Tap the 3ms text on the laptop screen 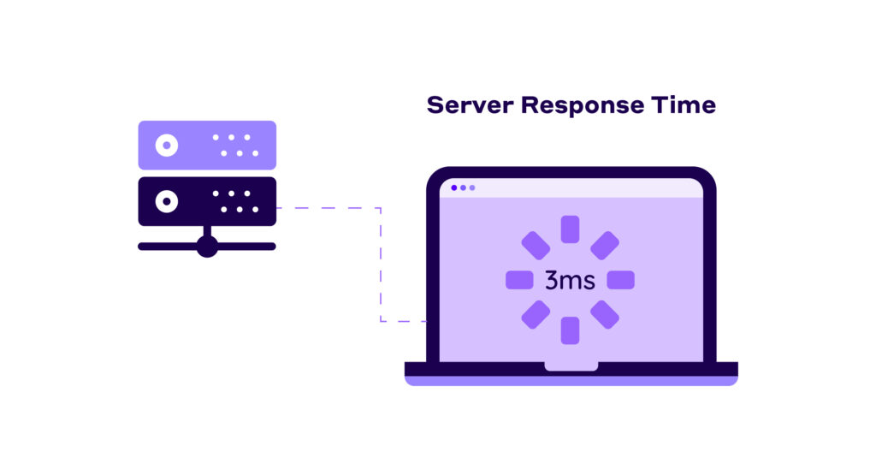point(570,280)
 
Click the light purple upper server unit point(207,145)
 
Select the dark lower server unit point(207,201)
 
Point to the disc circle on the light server point(166,145)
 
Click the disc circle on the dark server point(166,201)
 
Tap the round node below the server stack point(207,247)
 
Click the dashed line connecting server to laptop point(381,265)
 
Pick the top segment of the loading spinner point(570,229)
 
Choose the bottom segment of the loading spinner point(570,330)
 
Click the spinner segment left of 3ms point(519,280)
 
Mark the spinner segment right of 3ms point(620,280)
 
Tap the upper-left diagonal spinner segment point(536,246)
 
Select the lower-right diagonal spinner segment point(605,314)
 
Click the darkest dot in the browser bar point(453,187)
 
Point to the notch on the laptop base point(571,366)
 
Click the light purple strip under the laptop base point(571,381)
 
